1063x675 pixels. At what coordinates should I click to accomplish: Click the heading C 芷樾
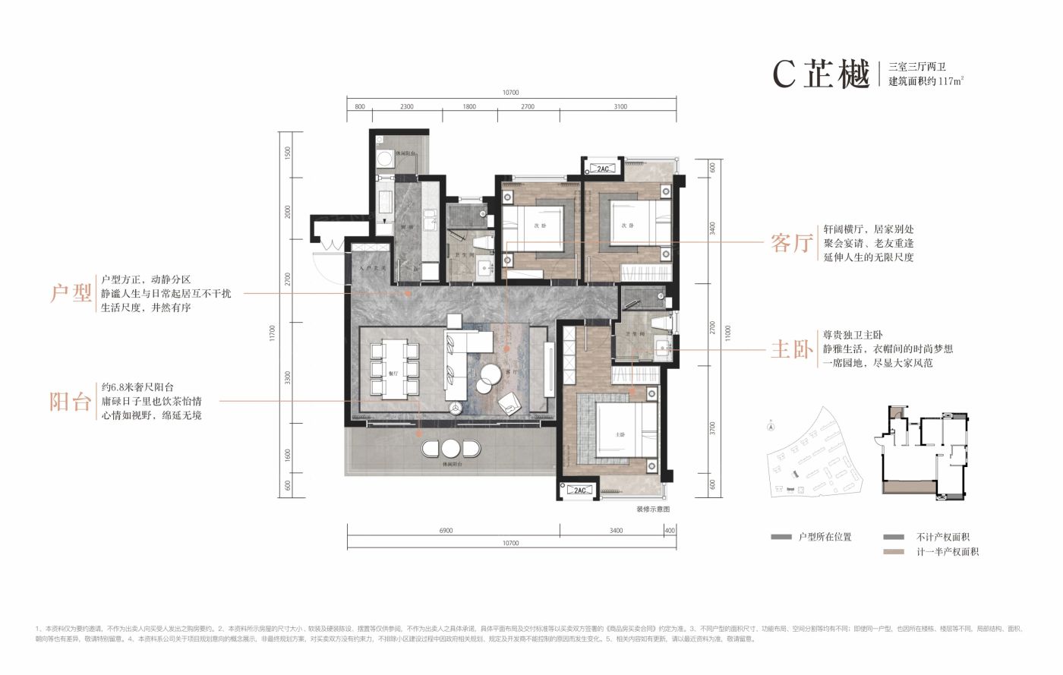820,74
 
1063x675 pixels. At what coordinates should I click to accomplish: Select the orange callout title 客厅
791,243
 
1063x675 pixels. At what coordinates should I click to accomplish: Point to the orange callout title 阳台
70,402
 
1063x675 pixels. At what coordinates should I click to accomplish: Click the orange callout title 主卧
791,349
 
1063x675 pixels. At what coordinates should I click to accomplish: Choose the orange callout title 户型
70,293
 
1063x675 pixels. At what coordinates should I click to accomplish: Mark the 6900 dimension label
446,531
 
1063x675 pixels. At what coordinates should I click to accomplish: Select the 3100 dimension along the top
620,107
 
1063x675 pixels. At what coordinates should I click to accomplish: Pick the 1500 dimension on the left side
288,152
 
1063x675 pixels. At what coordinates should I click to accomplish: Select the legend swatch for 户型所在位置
781,537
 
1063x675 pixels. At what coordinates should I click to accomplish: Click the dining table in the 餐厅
393,371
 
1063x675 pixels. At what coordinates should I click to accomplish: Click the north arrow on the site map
771,427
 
